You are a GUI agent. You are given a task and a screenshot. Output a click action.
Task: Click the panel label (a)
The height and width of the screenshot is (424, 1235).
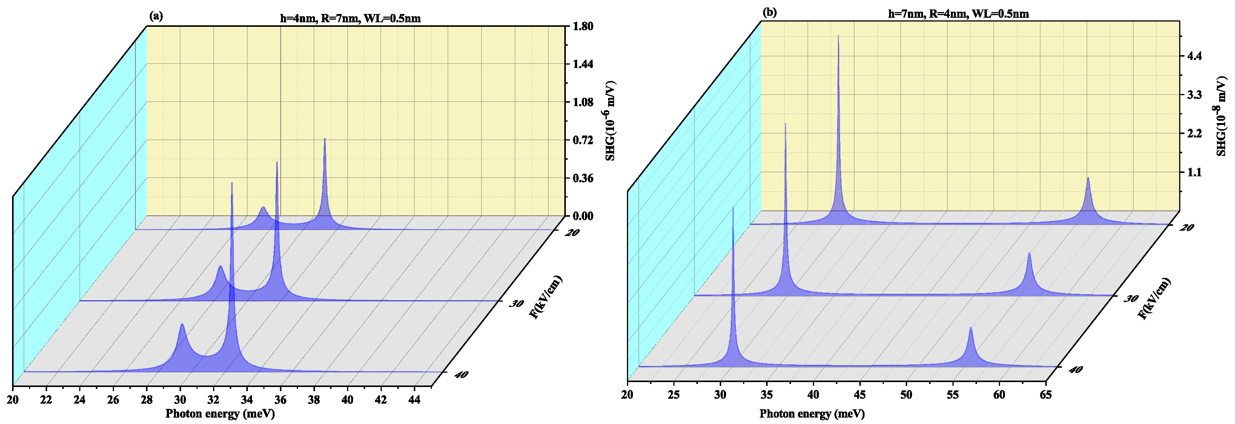156,16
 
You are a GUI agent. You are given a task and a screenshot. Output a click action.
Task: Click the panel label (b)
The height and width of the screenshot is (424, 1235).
770,12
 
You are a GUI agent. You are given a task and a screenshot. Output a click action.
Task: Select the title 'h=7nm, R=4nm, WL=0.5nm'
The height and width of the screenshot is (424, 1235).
959,14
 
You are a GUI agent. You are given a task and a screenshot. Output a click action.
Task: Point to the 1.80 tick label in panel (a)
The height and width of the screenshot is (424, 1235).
583,26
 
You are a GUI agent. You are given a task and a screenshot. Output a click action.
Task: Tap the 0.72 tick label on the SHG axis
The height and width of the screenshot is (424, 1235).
583,140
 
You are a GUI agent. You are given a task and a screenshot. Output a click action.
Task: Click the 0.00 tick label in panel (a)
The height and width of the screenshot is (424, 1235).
583,216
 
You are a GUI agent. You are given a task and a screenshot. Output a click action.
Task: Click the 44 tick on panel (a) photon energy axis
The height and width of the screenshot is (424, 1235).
414,399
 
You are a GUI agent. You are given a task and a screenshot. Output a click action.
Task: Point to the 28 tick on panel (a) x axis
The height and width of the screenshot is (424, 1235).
147,399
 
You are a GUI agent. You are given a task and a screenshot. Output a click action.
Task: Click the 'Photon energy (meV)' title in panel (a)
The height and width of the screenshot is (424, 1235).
220,413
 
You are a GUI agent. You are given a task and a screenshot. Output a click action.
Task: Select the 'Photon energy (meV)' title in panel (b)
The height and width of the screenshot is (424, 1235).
812,413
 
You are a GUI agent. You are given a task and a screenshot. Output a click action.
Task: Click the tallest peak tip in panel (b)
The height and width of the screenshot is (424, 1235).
838,36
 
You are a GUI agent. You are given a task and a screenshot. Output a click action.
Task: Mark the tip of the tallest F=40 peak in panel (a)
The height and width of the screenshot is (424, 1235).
232,183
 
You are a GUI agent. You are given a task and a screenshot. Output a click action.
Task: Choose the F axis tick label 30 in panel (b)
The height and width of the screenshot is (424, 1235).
1131,298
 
